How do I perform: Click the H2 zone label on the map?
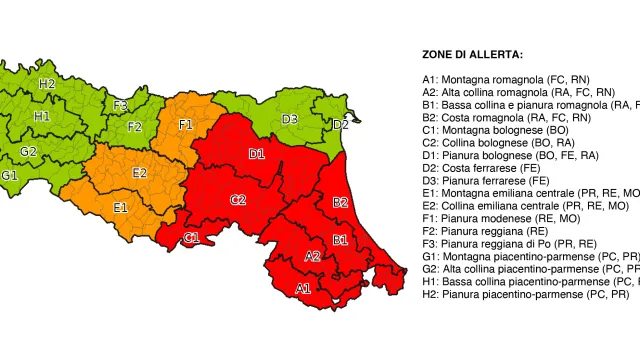(x=47, y=84)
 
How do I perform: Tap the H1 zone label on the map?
(x=42, y=117)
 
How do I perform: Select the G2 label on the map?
(x=29, y=152)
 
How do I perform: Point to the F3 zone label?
(x=120, y=105)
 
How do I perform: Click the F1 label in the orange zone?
(x=186, y=125)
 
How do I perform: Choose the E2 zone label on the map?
(x=140, y=173)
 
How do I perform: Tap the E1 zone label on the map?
(x=120, y=208)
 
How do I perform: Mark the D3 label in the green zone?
(x=289, y=120)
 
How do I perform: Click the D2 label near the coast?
(x=341, y=125)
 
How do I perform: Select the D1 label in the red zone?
(x=257, y=154)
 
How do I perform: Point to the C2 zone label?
(x=238, y=200)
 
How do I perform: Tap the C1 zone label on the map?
(x=191, y=238)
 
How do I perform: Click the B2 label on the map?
(x=340, y=203)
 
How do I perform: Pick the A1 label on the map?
(x=303, y=288)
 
